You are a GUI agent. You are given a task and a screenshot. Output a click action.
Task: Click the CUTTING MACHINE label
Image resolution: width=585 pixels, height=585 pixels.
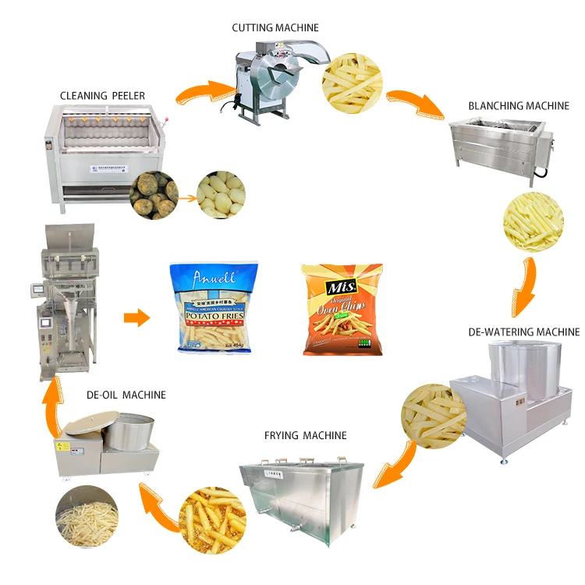click(275, 28)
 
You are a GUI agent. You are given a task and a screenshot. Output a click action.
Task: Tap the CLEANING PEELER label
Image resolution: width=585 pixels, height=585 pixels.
click(102, 96)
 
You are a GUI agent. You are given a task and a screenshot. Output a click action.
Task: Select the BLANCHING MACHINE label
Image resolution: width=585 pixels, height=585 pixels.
click(518, 105)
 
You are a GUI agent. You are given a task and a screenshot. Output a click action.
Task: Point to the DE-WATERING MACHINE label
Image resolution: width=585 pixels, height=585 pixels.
click(523, 331)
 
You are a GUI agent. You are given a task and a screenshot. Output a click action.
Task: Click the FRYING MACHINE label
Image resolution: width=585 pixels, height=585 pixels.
click(305, 435)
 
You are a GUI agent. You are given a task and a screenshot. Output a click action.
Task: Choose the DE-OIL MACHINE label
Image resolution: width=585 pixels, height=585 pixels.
click(126, 395)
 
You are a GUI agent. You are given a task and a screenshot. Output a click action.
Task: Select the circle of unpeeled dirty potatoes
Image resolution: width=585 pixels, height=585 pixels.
click(154, 193)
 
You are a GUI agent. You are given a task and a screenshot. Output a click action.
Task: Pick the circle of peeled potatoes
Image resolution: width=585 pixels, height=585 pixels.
click(221, 193)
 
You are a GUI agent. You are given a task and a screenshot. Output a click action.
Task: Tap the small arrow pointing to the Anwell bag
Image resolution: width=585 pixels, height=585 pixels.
click(137, 317)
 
